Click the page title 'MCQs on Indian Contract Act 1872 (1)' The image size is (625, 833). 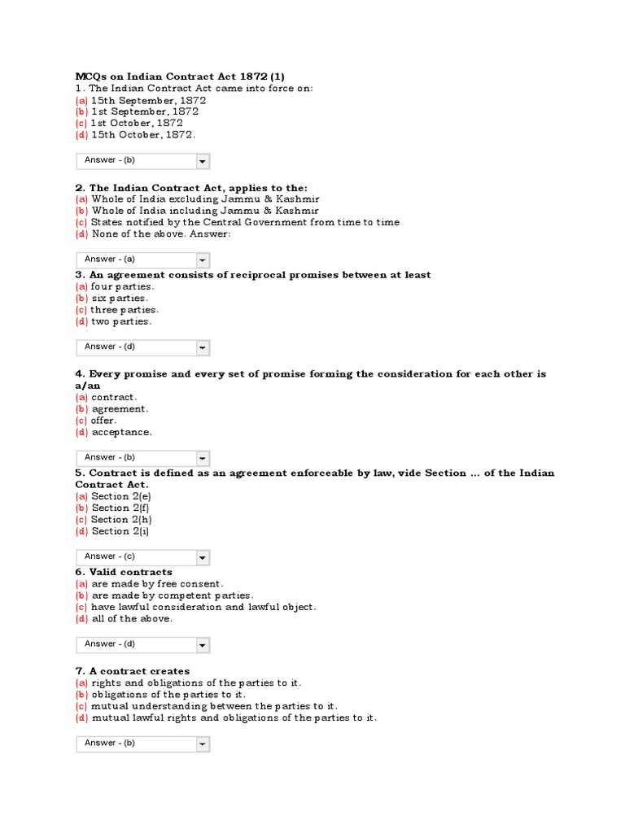(180, 76)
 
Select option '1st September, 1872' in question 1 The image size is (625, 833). (144, 111)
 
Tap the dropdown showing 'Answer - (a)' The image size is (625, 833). (142, 259)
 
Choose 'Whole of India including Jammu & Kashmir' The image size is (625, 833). (205, 211)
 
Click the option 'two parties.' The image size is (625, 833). (121, 321)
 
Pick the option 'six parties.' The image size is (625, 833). (120, 299)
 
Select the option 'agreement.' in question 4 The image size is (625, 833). (120, 409)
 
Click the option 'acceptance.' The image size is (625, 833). (121, 432)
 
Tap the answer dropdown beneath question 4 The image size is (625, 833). (142, 458)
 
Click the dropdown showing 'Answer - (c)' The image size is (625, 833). (142, 557)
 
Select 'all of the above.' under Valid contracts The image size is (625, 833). (132, 619)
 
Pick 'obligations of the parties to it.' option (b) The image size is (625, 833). (168, 695)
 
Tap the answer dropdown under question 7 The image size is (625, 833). (142, 744)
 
